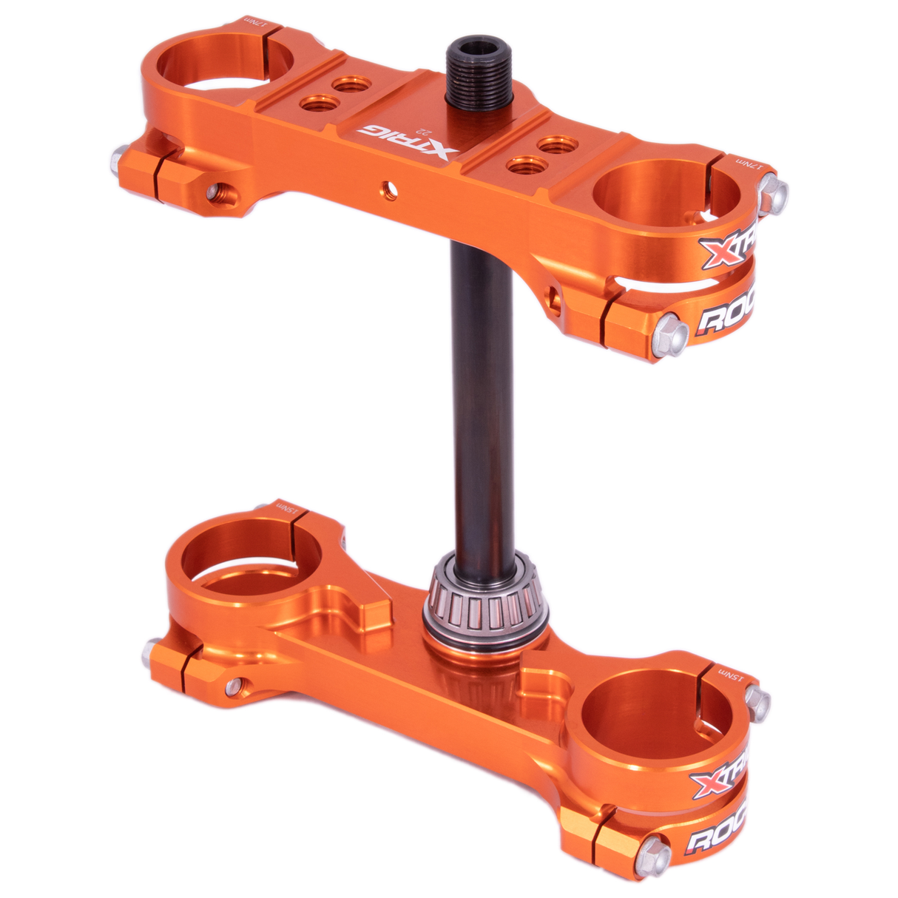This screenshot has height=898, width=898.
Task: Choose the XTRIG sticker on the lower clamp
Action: tap(719, 778)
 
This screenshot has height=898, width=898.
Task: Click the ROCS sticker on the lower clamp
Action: tap(716, 837)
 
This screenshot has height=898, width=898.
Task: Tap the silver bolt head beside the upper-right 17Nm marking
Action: tap(772, 194)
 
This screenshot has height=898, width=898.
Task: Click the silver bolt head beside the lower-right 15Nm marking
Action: tap(757, 703)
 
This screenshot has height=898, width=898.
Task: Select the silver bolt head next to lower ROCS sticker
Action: tap(653, 856)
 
